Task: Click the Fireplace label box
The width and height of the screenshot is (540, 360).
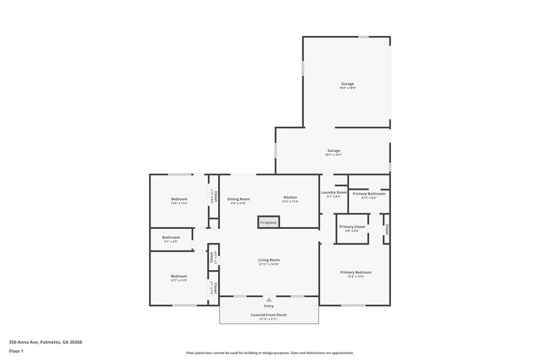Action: (x=267, y=222)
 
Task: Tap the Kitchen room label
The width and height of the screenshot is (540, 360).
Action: (x=290, y=198)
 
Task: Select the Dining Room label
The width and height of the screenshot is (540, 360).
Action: (x=238, y=199)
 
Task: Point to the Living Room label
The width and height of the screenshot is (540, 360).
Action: (x=269, y=260)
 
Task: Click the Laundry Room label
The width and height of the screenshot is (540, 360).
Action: (x=333, y=192)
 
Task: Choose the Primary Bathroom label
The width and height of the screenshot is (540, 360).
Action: (x=369, y=194)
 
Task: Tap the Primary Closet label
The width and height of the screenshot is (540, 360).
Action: (x=352, y=226)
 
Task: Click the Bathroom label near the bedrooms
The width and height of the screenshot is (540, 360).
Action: (x=171, y=237)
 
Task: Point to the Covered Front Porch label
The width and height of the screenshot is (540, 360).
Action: (x=269, y=315)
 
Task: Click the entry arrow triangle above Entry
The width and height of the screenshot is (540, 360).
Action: (x=269, y=299)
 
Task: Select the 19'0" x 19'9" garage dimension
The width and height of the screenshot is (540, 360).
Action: (x=347, y=88)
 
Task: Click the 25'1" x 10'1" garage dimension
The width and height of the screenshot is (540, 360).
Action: (x=333, y=155)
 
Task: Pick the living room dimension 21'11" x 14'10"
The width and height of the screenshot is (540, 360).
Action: (x=269, y=264)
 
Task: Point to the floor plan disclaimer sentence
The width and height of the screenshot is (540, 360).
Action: (x=269, y=353)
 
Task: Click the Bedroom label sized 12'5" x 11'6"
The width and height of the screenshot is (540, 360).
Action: (x=179, y=199)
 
